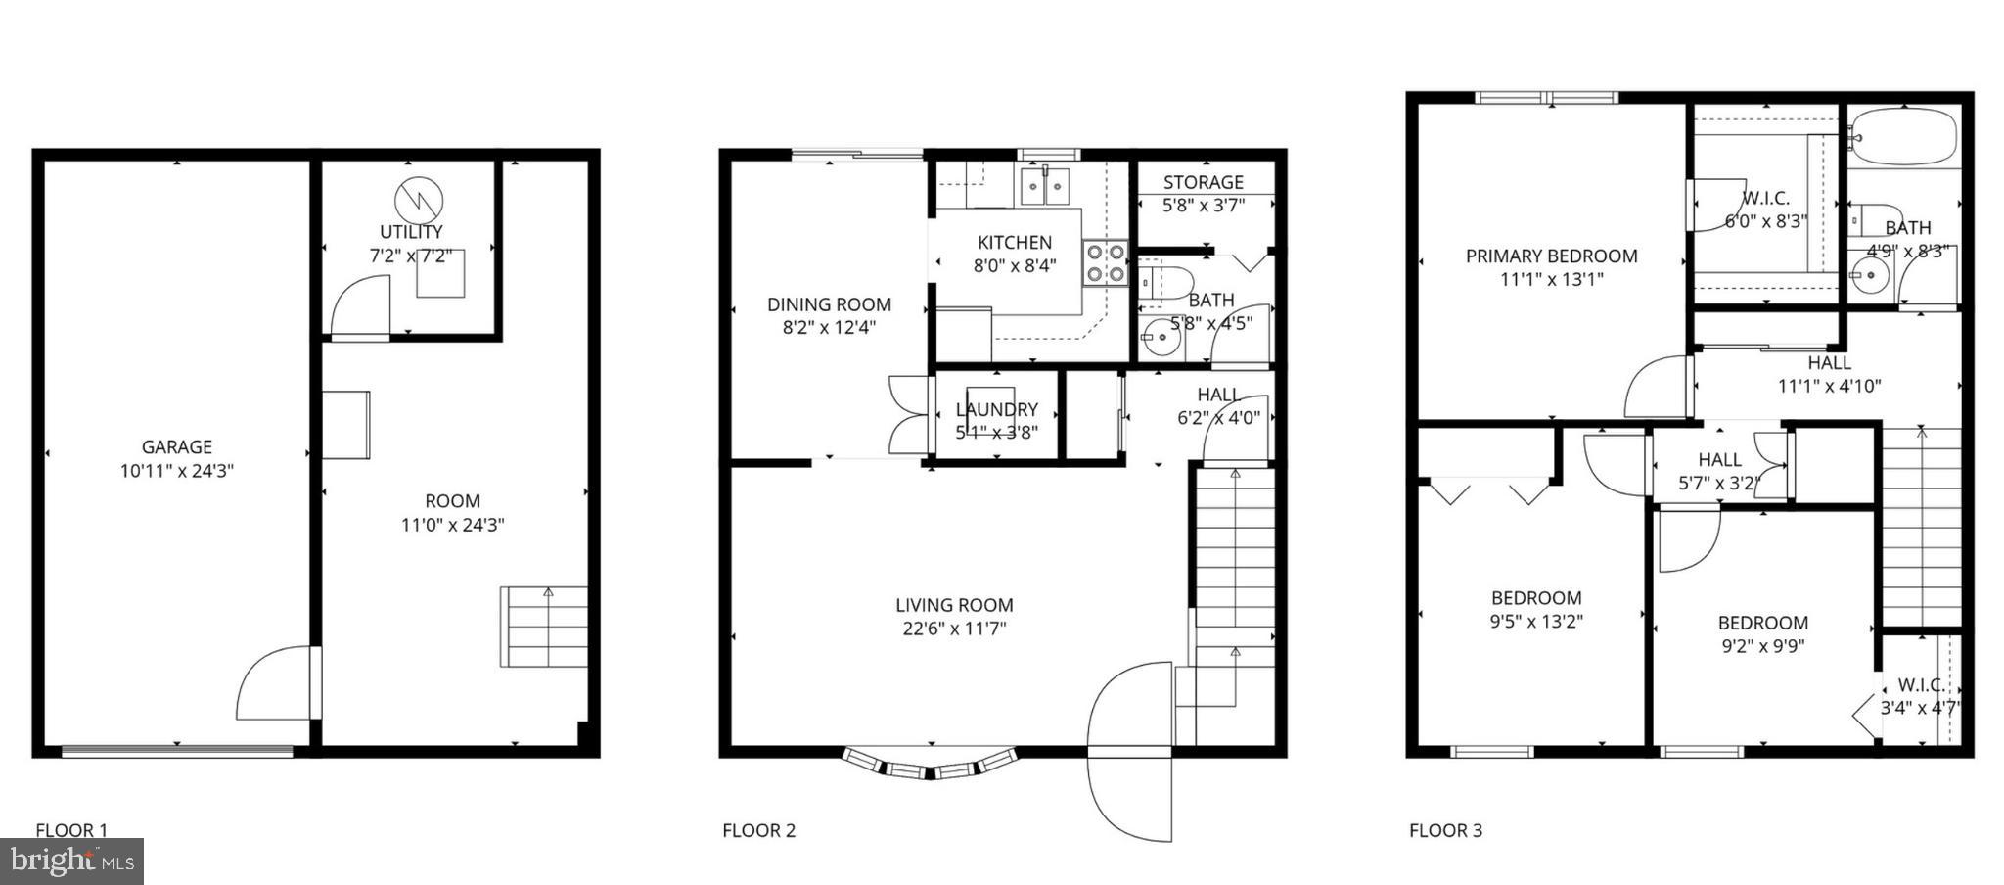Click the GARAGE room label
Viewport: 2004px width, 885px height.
point(176,447)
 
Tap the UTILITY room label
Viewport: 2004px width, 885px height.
point(411,232)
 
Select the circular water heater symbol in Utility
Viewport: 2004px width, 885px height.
point(419,200)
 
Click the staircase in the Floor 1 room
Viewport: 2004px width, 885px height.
point(544,627)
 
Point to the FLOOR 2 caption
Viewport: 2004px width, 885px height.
point(758,831)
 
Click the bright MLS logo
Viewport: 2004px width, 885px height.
point(71,862)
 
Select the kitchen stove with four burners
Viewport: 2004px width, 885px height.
point(1105,263)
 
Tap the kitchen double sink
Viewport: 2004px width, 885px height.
point(1044,185)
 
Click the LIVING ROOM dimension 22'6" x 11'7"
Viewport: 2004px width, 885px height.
point(954,629)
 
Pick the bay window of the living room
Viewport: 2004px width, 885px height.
point(930,766)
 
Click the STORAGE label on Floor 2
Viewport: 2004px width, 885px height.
point(1204,182)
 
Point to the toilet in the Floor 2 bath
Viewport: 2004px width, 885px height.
point(1165,282)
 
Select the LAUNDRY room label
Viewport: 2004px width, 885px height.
point(996,409)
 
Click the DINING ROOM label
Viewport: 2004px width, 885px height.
point(829,304)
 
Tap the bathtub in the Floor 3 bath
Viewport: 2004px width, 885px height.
point(1902,138)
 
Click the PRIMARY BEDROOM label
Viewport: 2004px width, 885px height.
point(1551,256)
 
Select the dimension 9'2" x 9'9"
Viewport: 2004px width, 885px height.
point(1762,646)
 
